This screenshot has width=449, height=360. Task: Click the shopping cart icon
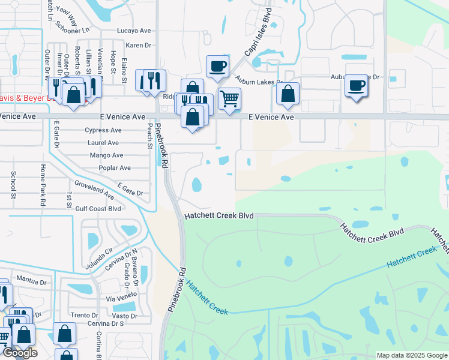229,98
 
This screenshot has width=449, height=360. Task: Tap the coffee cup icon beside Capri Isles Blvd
217,66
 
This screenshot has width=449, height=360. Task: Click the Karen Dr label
138,46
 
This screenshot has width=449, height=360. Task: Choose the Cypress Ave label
103,130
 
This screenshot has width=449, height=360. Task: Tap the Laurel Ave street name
103,143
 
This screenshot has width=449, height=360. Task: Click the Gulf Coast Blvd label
98,209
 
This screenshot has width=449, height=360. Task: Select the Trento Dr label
84,315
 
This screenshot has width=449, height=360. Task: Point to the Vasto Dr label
125,316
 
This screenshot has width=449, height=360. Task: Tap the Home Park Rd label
43,185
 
